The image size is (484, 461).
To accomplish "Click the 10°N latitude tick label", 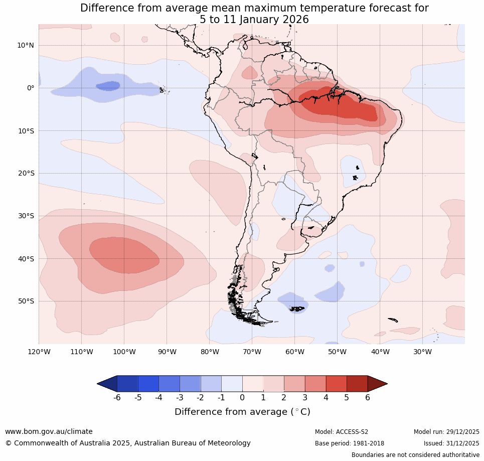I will (26, 45).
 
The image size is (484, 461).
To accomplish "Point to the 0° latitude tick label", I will (31, 88).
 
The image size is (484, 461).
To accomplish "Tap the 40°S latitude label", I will (26, 259).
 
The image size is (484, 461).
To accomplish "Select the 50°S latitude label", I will (26, 301).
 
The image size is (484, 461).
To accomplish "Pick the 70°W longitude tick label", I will (252, 352).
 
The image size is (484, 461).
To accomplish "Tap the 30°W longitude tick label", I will (422, 352).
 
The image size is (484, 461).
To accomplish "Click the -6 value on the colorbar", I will (117, 397).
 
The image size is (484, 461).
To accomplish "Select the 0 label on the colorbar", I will (242, 397).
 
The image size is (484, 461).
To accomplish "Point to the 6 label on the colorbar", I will (368, 397).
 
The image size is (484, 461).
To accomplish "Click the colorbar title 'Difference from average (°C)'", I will (242, 412).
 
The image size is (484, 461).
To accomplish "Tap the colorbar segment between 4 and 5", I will (336, 384).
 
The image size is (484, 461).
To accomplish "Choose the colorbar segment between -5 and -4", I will (148, 384).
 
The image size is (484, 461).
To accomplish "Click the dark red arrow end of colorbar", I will (377, 384).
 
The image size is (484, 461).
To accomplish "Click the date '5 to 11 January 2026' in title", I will (254, 20).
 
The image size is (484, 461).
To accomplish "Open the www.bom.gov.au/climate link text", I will (49, 431).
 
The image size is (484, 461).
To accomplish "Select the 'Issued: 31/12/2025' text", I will (451, 443).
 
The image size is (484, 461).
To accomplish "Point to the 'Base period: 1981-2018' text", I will (350, 443).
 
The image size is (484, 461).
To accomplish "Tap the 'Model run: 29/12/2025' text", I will (446, 432).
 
